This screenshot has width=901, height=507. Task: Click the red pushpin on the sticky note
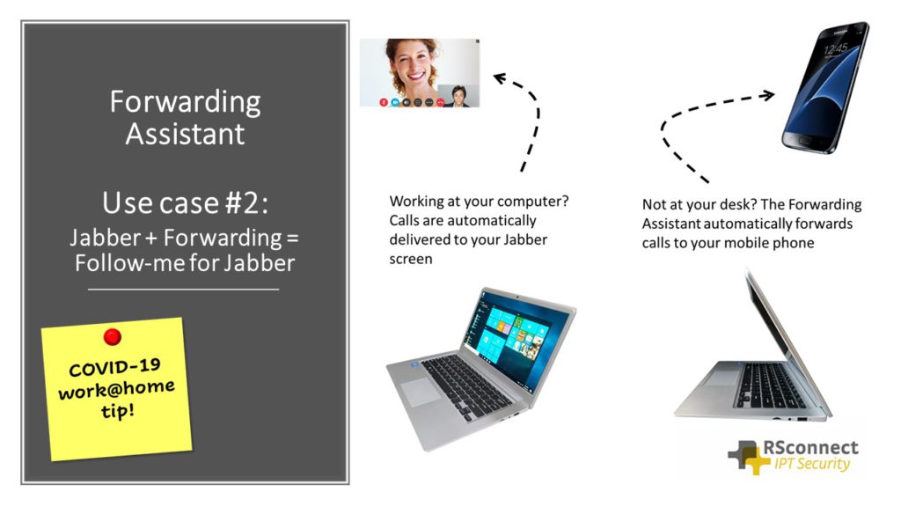coord(112,336)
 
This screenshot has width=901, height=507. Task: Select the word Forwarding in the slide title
coord(185,102)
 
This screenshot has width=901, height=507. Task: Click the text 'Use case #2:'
coord(185,202)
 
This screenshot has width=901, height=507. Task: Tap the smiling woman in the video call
coord(411,66)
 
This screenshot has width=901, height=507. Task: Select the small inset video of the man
coord(458,95)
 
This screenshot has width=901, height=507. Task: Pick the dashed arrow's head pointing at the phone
coord(767,94)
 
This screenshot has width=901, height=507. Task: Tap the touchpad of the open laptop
coord(421,393)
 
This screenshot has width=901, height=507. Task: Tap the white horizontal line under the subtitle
coord(184,289)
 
